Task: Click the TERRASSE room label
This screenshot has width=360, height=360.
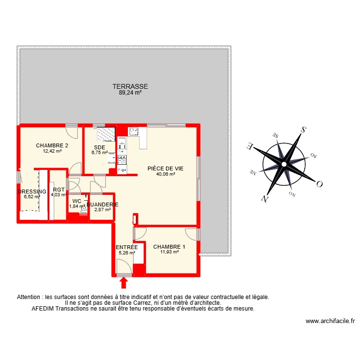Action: pos(130,87)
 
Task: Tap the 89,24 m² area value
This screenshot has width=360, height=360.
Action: pos(130,93)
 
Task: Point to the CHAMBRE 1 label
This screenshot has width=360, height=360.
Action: pos(169,247)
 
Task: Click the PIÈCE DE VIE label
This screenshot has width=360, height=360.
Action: pos(166,168)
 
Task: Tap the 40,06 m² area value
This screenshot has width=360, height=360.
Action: pos(166,175)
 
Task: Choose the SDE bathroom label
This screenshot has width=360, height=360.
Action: pos(100,147)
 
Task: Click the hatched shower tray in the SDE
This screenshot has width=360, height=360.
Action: pos(106,133)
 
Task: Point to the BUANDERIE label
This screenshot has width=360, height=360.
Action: pos(103,204)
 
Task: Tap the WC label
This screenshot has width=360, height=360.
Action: pos(77,201)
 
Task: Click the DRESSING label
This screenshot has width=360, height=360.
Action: pos(32,192)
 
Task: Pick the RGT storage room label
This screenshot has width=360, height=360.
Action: pos(59,190)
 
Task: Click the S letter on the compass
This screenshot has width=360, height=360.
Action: pos(303,129)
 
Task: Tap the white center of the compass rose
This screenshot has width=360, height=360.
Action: pos(284,164)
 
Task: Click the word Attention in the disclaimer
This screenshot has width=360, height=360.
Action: pos(29,297)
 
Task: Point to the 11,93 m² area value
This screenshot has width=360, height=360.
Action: pos(169,252)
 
